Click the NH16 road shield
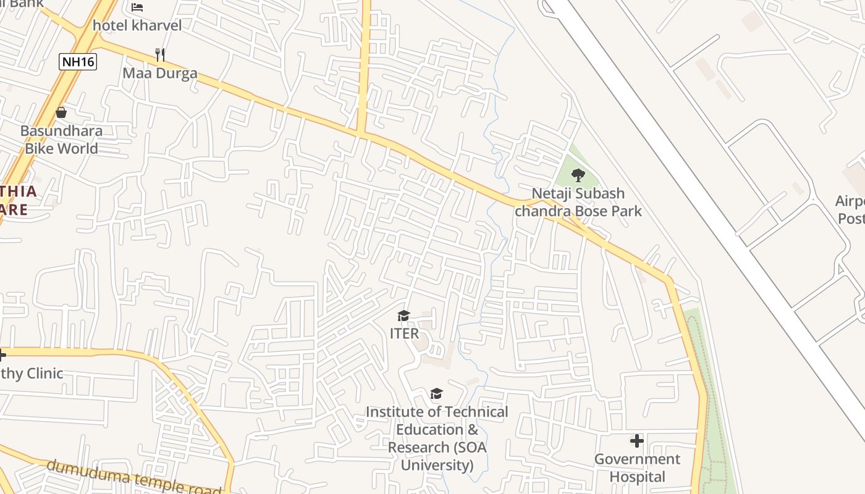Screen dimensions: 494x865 click(x=78, y=61)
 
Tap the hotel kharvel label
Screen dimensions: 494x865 click(x=137, y=25)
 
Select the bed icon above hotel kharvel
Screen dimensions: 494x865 click(x=137, y=7)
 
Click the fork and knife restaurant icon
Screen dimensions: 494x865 click(x=160, y=54)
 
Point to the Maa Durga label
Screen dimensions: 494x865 click(x=160, y=73)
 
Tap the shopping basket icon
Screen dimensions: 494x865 click(x=61, y=112)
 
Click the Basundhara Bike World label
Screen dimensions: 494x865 click(x=61, y=140)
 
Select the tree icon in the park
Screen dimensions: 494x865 click(x=578, y=175)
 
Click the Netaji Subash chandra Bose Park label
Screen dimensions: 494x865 click(x=578, y=202)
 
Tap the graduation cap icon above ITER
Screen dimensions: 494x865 click(x=404, y=316)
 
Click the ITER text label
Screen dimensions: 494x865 click(x=404, y=333)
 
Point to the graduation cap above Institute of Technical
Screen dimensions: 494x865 click(x=437, y=394)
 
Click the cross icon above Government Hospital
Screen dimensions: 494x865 click(x=637, y=441)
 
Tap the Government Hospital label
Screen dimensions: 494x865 click(x=637, y=467)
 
